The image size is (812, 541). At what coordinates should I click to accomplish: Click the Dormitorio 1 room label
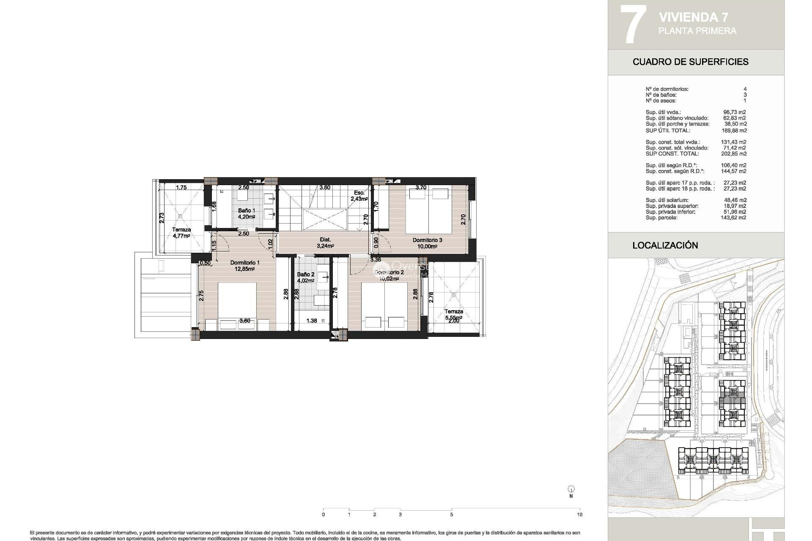pos(245,265)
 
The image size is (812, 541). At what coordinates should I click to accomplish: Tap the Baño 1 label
pos(246,213)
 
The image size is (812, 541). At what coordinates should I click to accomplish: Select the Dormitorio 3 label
pos(427,243)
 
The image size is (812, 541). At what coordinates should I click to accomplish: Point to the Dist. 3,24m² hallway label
pos(325,242)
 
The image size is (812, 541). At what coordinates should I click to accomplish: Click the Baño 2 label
pos(305,277)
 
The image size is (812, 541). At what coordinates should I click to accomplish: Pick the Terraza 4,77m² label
pos(181,233)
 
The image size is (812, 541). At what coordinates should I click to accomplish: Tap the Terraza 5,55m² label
pos(453,314)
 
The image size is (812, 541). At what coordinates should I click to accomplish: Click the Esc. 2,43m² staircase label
pos(359,195)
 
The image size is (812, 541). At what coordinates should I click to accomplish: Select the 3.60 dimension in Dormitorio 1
pos(244,321)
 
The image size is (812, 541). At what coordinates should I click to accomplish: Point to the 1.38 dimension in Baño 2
pos(311,321)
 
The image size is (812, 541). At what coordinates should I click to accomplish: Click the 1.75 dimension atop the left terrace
pos(181,187)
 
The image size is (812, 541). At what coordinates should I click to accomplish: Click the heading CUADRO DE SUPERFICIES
pos(690,62)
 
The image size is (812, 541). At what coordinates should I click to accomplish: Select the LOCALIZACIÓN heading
pos(665,245)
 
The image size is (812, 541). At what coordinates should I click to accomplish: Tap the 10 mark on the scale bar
pos(579,514)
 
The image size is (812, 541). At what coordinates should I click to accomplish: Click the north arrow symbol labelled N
pos(571,490)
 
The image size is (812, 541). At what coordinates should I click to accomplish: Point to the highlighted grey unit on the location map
pos(732,399)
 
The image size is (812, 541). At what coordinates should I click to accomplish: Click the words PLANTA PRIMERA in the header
pos(697,31)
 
